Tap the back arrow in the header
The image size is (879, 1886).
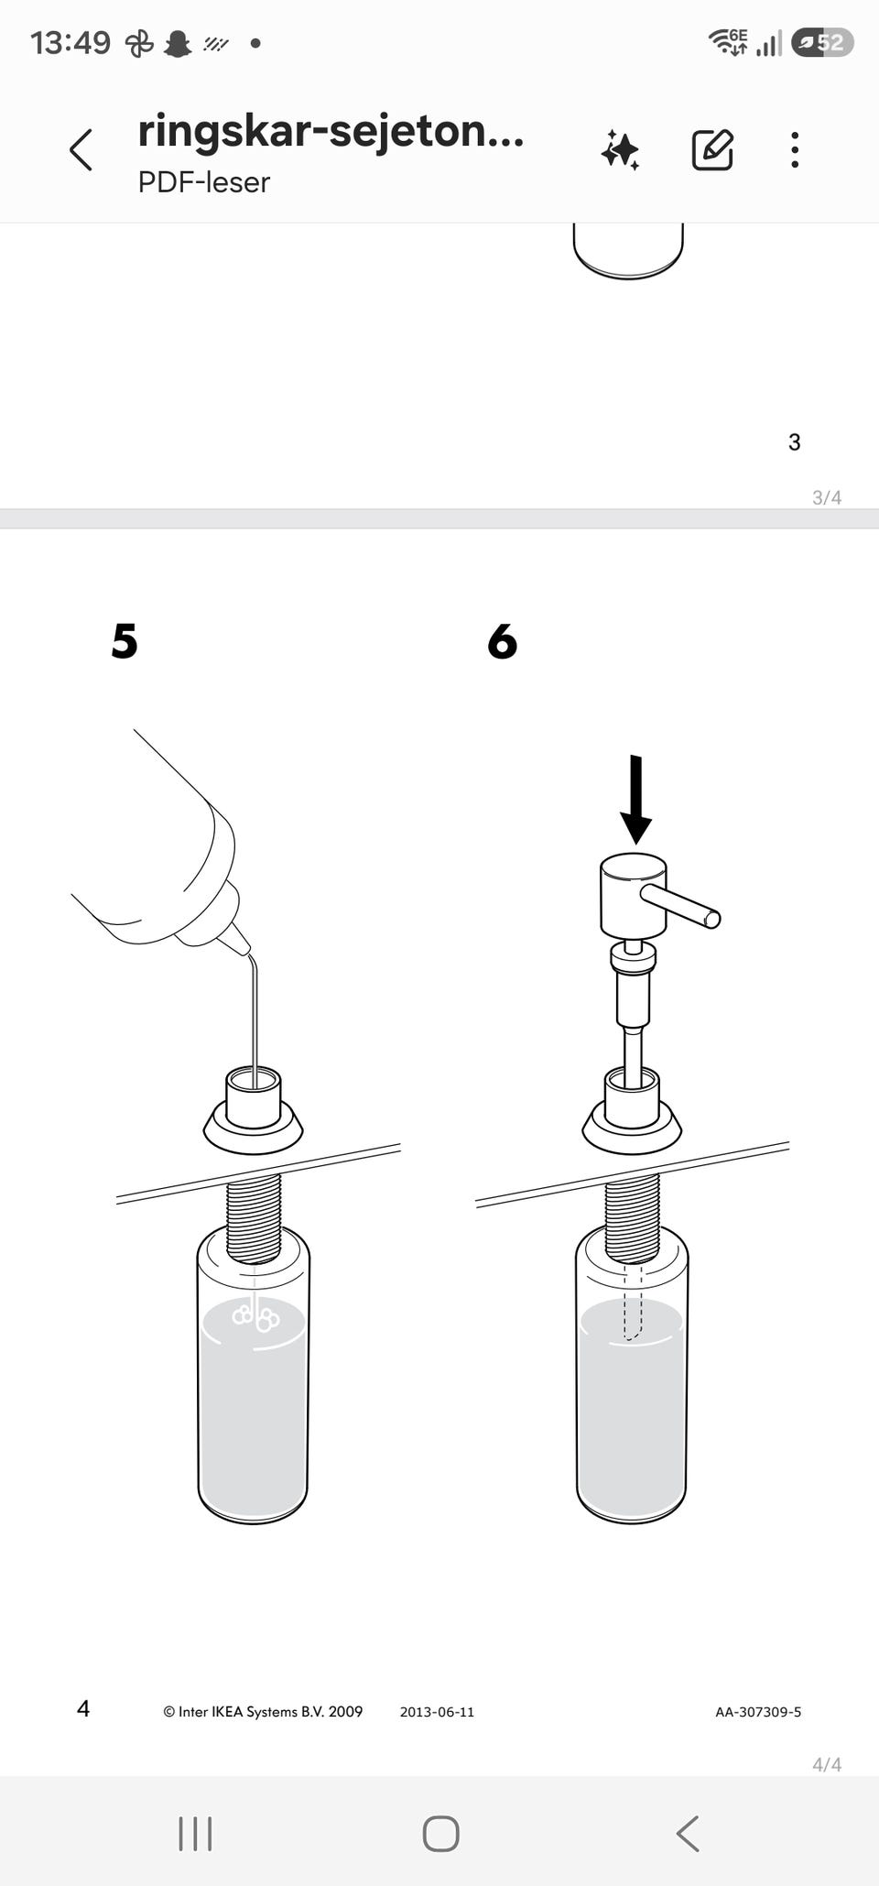click(81, 149)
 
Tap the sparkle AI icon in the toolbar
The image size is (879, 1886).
click(620, 149)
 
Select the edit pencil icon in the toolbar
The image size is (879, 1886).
click(712, 149)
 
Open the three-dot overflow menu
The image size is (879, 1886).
click(795, 149)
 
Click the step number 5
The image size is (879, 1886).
click(125, 640)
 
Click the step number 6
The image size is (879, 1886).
click(503, 640)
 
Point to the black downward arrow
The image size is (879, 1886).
click(636, 799)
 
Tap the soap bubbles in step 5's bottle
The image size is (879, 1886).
click(255, 1317)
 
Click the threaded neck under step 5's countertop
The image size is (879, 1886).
click(254, 1217)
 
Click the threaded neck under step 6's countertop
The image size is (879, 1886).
click(632, 1218)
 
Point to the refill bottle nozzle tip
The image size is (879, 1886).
click(245, 949)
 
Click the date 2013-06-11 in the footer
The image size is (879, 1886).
click(437, 1711)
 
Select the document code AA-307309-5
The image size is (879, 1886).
click(758, 1711)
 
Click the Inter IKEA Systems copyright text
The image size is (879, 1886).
click(263, 1711)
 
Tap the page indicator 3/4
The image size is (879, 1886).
click(827, 497)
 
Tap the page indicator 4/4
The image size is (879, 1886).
click(827, 1764)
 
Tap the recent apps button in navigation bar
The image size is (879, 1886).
click(195, 1834)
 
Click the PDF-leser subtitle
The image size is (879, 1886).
click(203, 182)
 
